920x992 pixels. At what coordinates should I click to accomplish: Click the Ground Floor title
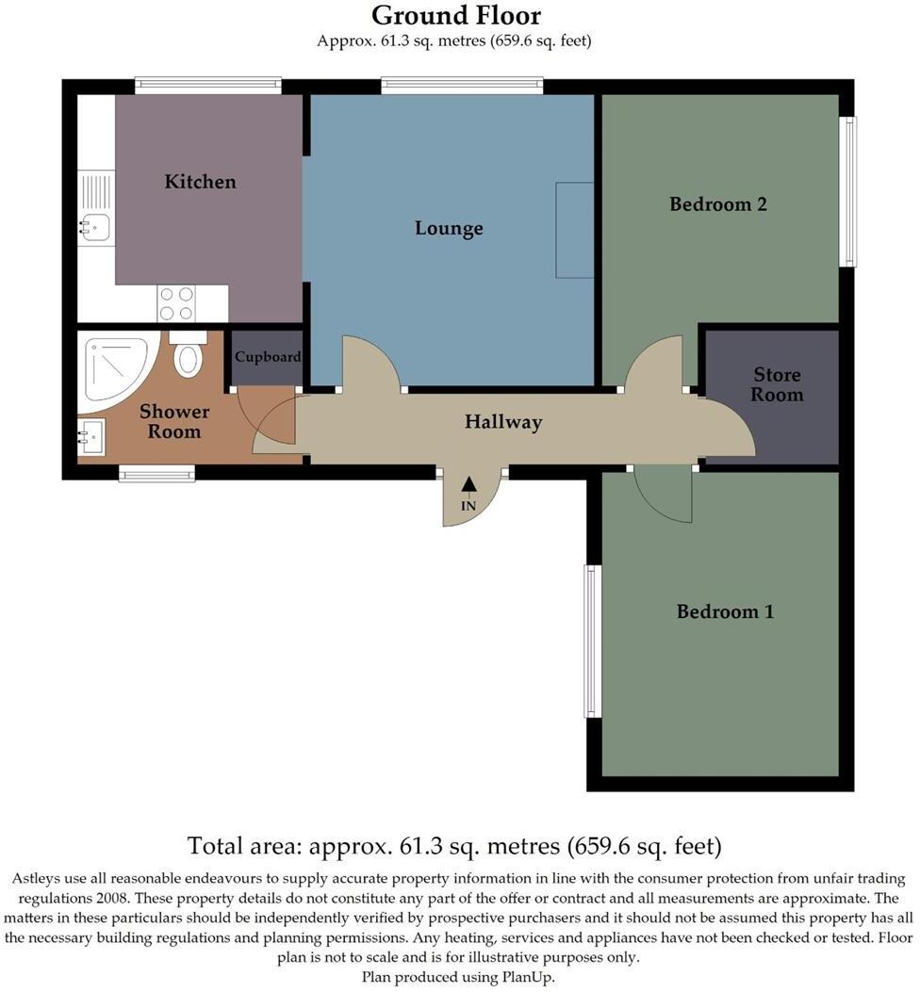tap(456, 16)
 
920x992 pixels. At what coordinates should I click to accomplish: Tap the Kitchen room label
tap(200, 181)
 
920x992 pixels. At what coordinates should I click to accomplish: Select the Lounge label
tap(449, 228)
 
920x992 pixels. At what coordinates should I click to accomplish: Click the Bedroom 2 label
tap(717, 203)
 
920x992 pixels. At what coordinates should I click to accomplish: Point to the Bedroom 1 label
tap(725, 611)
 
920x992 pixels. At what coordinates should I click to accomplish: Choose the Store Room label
tap(777, 384)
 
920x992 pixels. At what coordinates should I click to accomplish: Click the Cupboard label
tap(268, 357)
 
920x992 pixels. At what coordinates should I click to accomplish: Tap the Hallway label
tap(503, 422)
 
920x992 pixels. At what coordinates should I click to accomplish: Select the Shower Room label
tap(174, 421)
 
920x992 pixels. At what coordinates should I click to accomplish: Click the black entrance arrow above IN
tap(468, 485)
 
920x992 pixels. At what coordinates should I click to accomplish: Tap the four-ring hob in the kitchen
tap(176, 303)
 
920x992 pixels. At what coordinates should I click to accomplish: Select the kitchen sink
tap(95, 225)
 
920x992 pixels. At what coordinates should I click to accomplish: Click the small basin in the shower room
tap(91, 436)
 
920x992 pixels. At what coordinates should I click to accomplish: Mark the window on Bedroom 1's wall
tap(591, 641)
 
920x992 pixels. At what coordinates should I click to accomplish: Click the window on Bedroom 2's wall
tap(849, 191)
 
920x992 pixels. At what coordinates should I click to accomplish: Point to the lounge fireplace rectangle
tap(574, 230)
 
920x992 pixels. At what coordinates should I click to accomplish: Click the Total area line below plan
tap(454, 844)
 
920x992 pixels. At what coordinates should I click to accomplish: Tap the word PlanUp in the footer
tap(531, 977)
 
